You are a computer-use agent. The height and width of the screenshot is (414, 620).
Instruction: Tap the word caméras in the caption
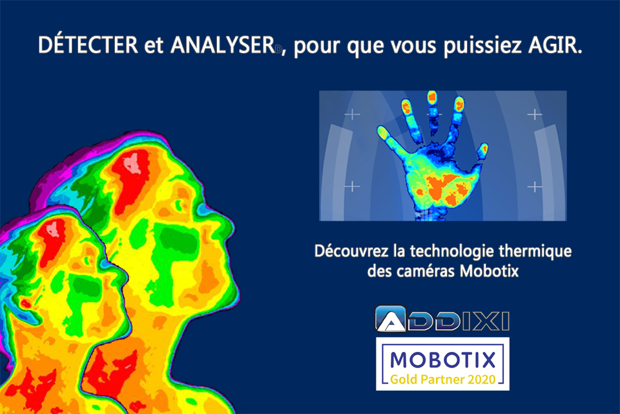tap(425, 270)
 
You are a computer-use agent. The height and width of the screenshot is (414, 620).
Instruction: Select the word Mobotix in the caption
tap(491, 270)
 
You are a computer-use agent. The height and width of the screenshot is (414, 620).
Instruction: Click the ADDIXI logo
tap(442, 320)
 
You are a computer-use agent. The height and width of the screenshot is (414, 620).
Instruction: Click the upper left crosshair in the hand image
tap(352, 115)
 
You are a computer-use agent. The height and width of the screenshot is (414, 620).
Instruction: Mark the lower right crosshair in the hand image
tap(534, 187)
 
